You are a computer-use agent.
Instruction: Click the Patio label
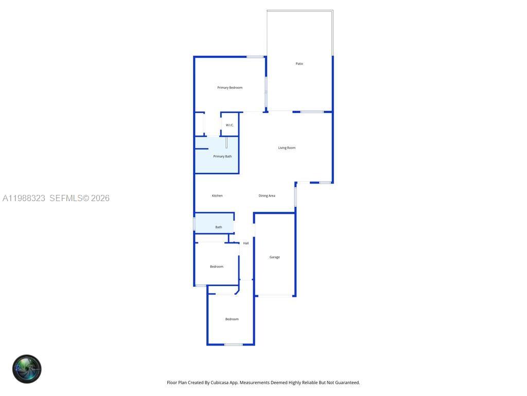[x=299, y=64]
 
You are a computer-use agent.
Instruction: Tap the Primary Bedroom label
[x=230, y=88]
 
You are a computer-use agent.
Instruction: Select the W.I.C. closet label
[x=230, y=125]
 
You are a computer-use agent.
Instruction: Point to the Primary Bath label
[x=222, y=156]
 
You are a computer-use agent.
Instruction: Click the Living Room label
[x=287, y=148]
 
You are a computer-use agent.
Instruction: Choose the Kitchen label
[x=217, y=196]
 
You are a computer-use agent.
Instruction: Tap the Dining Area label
[x=267, y=196]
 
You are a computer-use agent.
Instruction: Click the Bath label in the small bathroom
[x=219, y=227]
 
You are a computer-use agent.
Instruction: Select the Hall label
[x=246, y=243]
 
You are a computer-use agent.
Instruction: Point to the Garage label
[x=275, y=257]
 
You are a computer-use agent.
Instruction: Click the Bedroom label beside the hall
[x=217, y=267]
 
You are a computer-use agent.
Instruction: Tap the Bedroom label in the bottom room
[x=232, y=319]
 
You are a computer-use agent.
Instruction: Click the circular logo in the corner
[x=27, y=369]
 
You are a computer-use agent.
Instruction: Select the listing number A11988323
[x=24, y=198]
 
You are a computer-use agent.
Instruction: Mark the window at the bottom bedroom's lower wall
[x=233, y=344]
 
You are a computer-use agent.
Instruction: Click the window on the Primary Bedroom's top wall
[x=255, y=57]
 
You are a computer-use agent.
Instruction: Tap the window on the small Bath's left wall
[x=194, y=224]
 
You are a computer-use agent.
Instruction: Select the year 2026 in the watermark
[x=100, y=198]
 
